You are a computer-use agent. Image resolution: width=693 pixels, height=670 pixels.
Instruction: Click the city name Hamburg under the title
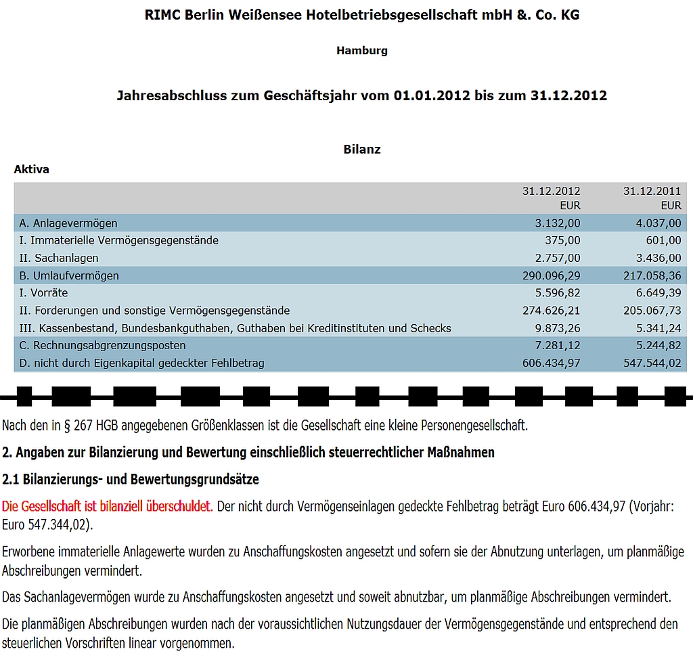click(362, 51)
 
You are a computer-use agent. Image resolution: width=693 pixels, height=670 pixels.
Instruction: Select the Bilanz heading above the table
click(362, 150)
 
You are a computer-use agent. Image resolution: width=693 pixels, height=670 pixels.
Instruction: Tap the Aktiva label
click(32, 170)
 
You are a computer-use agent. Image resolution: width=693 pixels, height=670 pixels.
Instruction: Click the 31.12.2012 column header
click(551, 192)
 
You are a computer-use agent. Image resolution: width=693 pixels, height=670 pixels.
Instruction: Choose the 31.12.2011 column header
click(652, 192)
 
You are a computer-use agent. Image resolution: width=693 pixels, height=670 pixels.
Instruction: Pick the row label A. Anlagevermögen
click(68, 223)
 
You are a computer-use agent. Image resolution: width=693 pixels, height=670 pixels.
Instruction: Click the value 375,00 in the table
click(562, 240)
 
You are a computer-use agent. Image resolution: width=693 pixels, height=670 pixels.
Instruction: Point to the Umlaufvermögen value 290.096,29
click(552, 275)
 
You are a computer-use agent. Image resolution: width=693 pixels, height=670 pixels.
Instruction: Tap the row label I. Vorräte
click(44, 293)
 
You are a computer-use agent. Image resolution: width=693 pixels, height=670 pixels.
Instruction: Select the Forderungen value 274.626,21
click(552, 311)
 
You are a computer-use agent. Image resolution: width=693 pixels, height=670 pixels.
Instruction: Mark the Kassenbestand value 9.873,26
click(556, 328)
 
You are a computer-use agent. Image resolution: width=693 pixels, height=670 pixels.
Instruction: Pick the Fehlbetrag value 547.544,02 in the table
click(652, 363)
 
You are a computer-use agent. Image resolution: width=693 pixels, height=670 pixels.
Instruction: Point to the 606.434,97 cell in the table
click(552, 363)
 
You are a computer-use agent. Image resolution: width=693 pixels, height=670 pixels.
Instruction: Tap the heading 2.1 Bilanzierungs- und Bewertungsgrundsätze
click(131, 479)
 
